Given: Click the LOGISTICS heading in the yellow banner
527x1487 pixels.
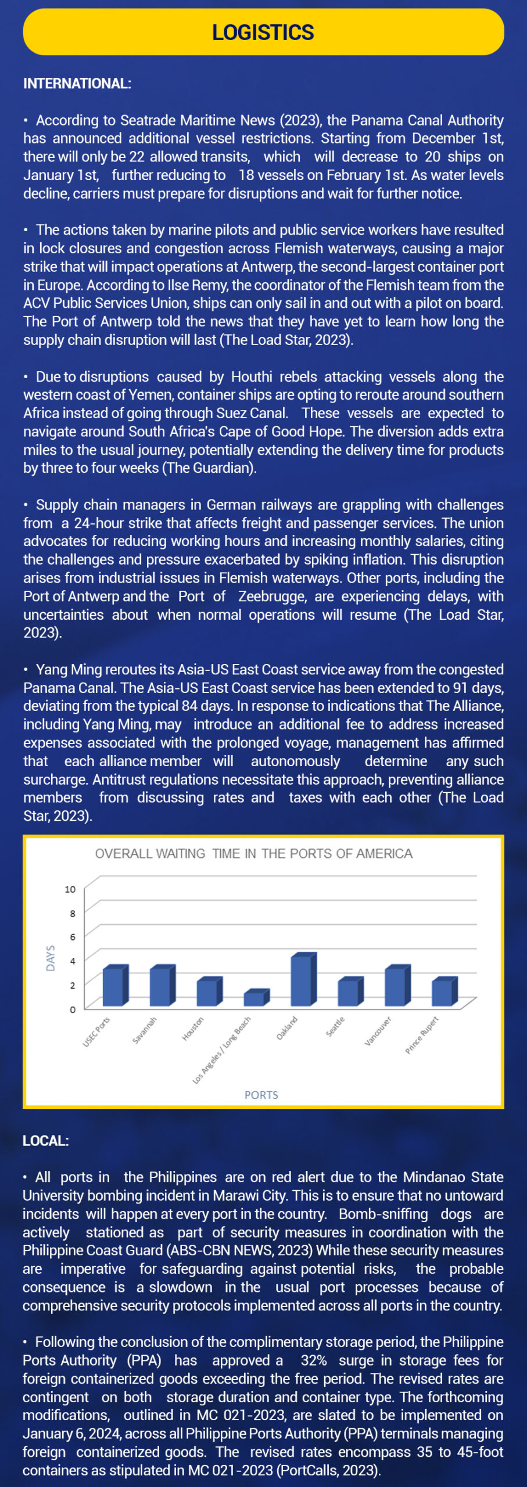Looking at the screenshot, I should [263, 33].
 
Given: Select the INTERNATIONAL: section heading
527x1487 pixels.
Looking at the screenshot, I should [77, 84].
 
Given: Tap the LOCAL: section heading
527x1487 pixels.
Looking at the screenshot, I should [45, 1141].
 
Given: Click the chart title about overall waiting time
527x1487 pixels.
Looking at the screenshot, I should [253, 853].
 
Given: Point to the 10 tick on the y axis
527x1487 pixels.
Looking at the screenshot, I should [70, 889].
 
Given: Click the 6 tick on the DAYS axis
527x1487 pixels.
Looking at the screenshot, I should [73, 937].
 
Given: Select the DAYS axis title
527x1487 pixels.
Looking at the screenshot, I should [51, 958].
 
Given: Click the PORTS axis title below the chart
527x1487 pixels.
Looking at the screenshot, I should [261, 1095].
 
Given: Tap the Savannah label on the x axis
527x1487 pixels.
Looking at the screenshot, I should [145, 1030].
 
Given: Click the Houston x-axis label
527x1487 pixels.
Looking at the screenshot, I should [193, 1029].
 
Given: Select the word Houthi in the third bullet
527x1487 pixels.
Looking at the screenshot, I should [251, 377].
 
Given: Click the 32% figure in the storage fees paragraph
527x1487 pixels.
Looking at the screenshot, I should [313, 1360].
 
